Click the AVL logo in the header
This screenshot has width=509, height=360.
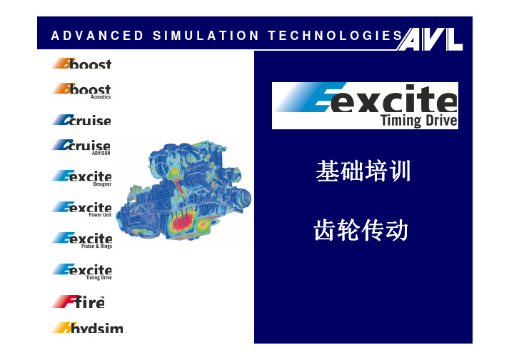pyautogui.click(x=430, y=39)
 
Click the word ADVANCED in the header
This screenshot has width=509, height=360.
pyautogui.click(x=97, y=36)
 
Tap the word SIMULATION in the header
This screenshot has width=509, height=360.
pyautogui.click(x=206, y=36)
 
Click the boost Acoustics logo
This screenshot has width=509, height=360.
pyautogui.click(x=82, y=91)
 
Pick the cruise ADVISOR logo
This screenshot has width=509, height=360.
pyautogui.click(x=81, y=147)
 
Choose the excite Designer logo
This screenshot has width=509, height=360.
pyautogui.click(x=82, y=178)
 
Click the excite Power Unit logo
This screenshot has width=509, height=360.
pyautogui.click(x=82, y=209)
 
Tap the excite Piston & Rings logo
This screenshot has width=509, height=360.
pyautogui.click(x=82, y=241)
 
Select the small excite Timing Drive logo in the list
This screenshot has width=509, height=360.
pyautogui.click(x=82, y=271)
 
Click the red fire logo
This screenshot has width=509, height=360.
pyautogui.click(x=79, y=302)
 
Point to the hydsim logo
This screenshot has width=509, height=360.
pyautogui.click(x=88, y=328)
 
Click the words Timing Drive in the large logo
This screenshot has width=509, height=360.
pyautogui.click(x=419, y=121)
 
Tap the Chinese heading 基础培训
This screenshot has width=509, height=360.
pyautogui.click(x=363, y=171)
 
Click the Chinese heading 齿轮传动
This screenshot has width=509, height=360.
pyautogui.click(x=361, y=230)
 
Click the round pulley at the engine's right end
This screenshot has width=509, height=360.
pyautogui.click(x=242, y=199)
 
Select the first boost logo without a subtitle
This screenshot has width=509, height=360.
pyautogui.click(x=82, y=64)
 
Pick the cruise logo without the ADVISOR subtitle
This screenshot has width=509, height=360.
pyautogui.click(x=82, y=119)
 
